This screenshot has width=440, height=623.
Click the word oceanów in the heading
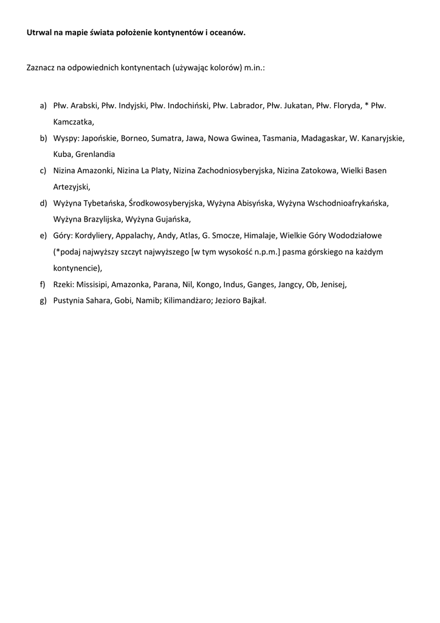[x=227, y=34]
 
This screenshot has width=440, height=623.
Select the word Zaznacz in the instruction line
[x=41, y=69]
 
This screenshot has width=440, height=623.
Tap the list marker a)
[x=43, y=106]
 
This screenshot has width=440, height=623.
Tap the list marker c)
[x=43, y=170]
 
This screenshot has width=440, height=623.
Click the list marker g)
[x=43, y=300]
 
